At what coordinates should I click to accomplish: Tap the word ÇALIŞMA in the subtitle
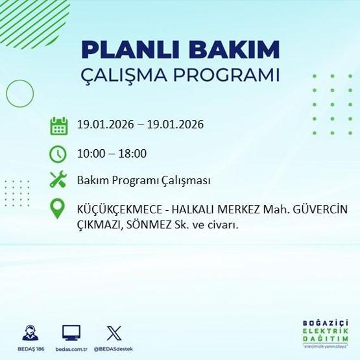coord(128,75)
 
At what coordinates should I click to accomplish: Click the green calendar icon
coord(58,125)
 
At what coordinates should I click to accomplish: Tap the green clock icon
coord(58,154)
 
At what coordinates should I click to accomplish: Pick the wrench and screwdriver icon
coord(58,180)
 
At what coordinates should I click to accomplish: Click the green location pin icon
coord(58,209)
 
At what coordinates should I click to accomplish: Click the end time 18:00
coord(133,154)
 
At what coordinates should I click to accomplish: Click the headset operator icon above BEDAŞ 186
coord(29,333)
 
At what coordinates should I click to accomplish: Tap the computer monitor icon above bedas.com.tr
coord(71,333)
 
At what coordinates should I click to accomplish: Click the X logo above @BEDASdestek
coord(113,333)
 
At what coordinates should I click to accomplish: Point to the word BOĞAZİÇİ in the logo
coord(326,322)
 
